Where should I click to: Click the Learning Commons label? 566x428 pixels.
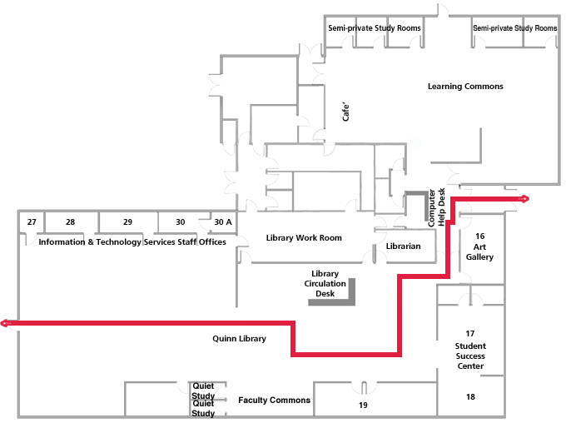pyautogui.click(x=465, y=87)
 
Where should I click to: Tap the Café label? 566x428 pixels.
pyautogui.click(x=348, y=112)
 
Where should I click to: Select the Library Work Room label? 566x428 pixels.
pyautogui.click(x=304, y=238)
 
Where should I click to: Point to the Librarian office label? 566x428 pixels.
pyautogui.click(x=404, y=246)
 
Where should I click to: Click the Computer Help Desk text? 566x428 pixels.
pyautogui.click(x=437, y=207)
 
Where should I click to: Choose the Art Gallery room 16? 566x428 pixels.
pyautogui.click(x=479, y=247)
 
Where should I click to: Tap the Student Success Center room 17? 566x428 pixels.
pyautogui.click(x=470, y=350)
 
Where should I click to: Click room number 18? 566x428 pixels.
pyautogui.click(x=471, y=397)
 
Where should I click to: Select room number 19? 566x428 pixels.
pyautogui.click(x=363, y=406)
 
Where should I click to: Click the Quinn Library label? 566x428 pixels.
pyautogui.click(x=239, y=339)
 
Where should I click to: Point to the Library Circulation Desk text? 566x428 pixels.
pyautogui.click(x=325, y=284)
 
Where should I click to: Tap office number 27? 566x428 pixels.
pyautogui.click(x=32, y=222)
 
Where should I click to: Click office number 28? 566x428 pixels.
pyautogui.click(x=71, y=222)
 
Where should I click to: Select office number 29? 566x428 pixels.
pyautogui.click(x=127, y=222)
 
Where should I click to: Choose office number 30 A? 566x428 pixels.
pyautogui.click(x=223, y=222)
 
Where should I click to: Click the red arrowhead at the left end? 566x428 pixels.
pyautogui.click(x=6, y=323)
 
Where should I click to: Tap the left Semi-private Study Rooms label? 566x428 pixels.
pyautogui.click(x=374, y=28)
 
